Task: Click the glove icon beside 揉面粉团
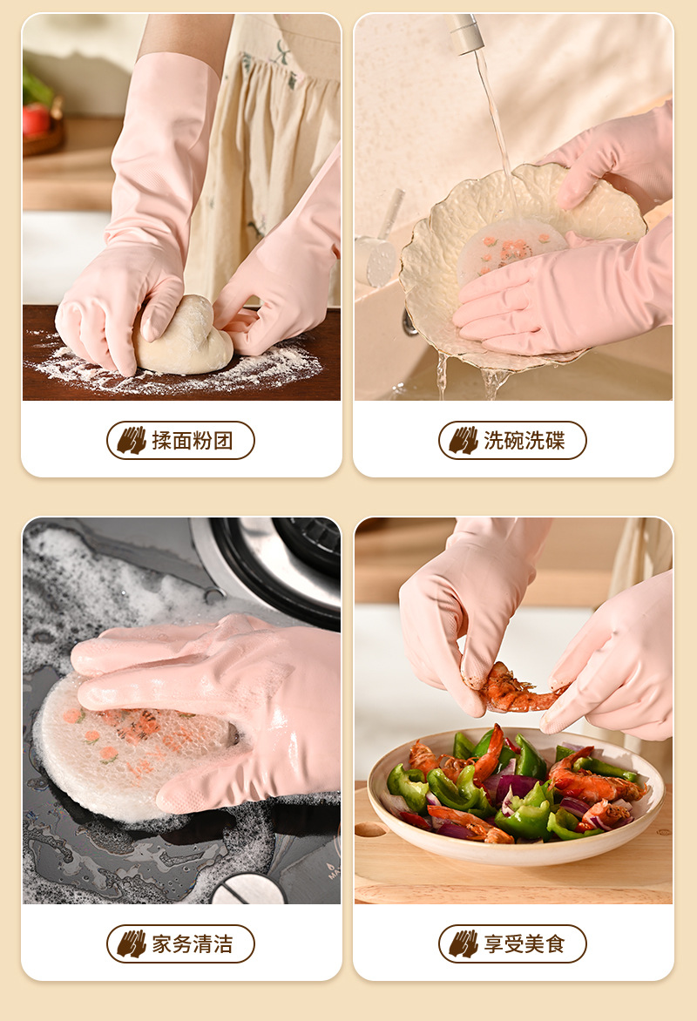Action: click(132, 441)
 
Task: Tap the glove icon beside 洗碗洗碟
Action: click(464, 441)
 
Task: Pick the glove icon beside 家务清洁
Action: click(132, 943)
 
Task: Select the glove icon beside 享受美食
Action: click(464, 943)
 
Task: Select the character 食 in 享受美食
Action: click(555, 943)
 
